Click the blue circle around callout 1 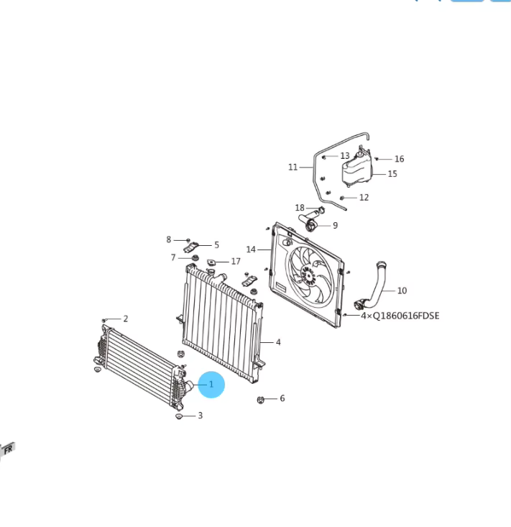[211, 385]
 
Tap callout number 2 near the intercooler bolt [126, 319]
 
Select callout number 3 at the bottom [201, 416]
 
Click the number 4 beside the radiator [278, 342]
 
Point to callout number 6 [282, 398]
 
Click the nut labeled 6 [260, 400]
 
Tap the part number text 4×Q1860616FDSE [400, 316]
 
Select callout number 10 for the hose [402, 290]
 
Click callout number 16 [399, 159]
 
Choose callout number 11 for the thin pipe [293, 167]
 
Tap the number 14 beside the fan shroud [251, 249]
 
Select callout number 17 [236, 261]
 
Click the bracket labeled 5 [191, 247]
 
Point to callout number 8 [169, 239]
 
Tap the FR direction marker [8, 449]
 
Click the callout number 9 [336, 226]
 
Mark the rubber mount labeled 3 [179, 417]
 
